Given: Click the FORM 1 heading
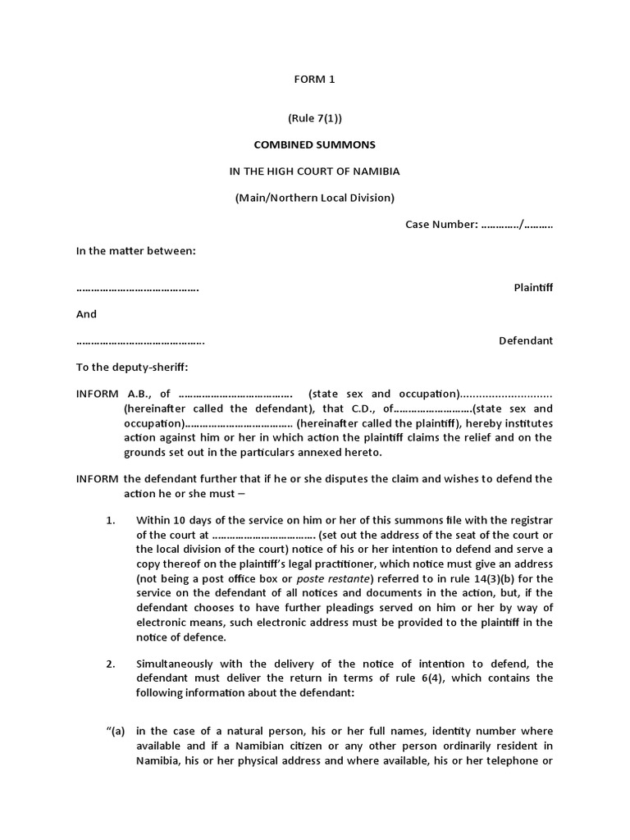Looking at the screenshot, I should [314, 80].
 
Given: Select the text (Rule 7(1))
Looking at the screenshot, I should [314, 118].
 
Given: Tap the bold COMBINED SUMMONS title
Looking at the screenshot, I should [314, 144].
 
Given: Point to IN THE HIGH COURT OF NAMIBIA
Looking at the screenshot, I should [314, 171].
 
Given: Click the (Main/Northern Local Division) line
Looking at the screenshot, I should [314, 197].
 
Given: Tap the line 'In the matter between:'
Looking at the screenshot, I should [136, 250].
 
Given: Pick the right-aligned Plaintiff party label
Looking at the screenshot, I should [533, 288].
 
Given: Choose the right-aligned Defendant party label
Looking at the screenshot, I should [526, 340].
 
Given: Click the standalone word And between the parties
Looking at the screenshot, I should [86, 314].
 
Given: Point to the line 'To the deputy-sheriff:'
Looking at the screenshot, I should [132, 367].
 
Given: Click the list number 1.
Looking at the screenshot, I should [111, 519].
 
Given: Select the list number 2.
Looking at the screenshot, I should [111, 663].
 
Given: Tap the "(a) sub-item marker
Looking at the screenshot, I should [114, 731].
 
